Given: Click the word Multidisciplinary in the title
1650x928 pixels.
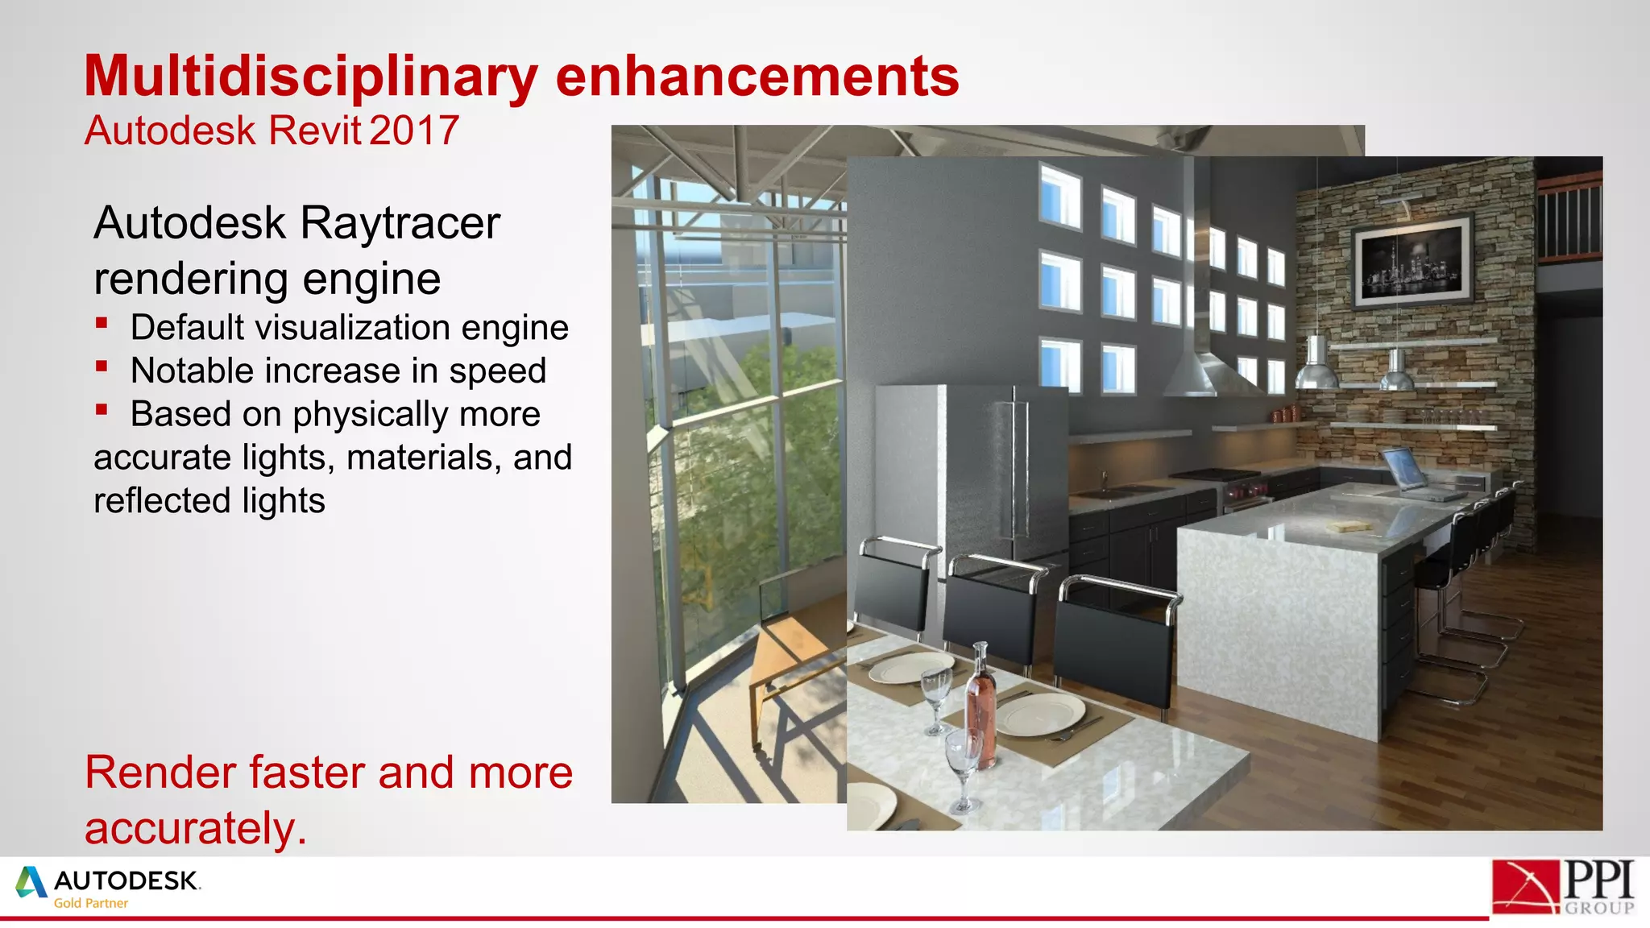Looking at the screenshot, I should [311, 77].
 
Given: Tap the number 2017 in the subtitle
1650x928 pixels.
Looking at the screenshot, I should [415, 130].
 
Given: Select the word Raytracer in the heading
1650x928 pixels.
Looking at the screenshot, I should [400, 223].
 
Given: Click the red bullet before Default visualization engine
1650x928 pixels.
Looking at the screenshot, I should [102, 324].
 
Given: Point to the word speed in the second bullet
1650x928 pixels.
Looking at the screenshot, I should [497, 371].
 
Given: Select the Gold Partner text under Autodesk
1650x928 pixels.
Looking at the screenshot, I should [91, 904].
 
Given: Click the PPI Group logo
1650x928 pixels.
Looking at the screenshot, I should [1563, 887].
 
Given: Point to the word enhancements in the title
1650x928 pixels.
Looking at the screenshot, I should [757, 77].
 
